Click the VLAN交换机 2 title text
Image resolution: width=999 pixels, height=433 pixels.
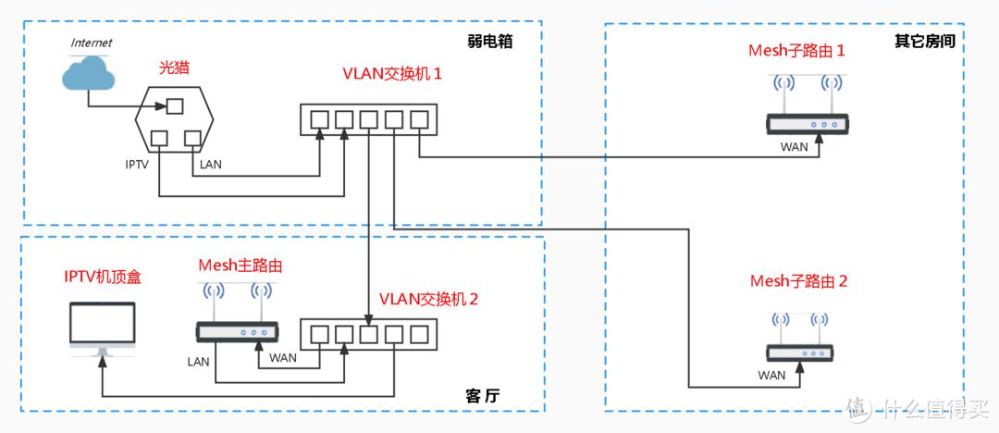point(429,300)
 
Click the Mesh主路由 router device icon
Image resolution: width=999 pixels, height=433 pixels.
point(237,331)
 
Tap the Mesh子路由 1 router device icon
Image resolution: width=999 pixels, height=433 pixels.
point(807,123)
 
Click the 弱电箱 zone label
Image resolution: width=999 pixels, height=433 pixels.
point(490,42)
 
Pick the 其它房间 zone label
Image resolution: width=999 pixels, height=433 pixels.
point(924,42)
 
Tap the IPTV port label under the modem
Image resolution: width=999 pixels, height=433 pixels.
point(138,165)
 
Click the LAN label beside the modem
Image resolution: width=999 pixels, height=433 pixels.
point(210,165)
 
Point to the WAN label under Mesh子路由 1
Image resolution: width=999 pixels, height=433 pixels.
point(795,146)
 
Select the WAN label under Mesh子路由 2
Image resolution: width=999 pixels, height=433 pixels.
point(771,375)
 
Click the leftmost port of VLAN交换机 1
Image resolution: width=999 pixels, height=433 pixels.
point(319,119)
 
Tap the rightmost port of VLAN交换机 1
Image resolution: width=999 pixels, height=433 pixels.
point(419,119)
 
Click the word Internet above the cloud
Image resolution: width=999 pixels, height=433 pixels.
point(92,43)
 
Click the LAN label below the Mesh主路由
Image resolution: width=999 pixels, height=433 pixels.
point(199,360)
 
